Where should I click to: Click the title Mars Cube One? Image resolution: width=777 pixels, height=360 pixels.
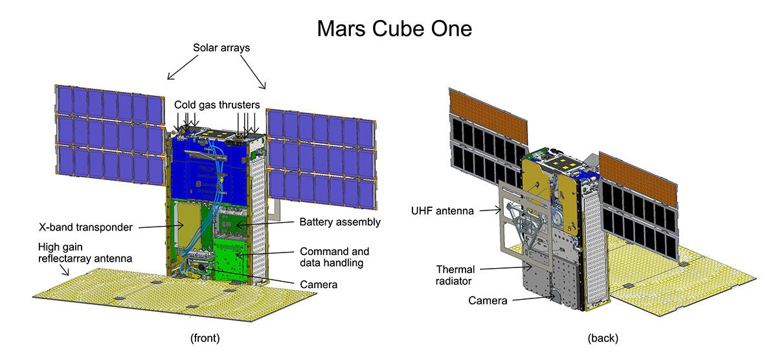(394, 28)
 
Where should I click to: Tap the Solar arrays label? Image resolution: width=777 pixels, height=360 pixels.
(221, 48)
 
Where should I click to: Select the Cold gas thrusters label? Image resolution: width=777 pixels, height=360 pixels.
(217, 105)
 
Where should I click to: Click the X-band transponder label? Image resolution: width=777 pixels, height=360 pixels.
(85, 227)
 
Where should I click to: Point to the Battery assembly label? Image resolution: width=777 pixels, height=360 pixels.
(340, 222)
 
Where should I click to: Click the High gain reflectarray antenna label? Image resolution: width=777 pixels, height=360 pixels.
(85, 253)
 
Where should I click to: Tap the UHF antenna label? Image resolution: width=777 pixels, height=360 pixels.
(442, 211)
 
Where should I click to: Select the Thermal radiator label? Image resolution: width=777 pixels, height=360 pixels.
(455, 275)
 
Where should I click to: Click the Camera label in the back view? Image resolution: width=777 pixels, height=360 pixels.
(488, 300)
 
